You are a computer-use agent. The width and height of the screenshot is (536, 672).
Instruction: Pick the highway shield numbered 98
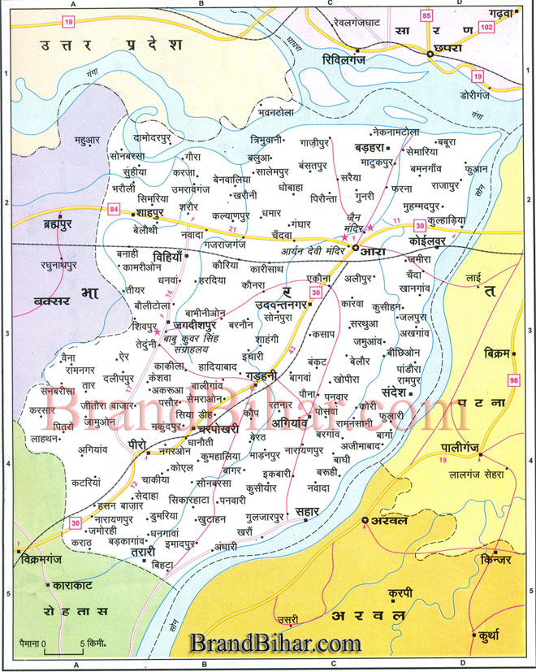click(x=512, y=381)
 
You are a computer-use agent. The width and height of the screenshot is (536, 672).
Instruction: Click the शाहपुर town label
click(x=151, y=213)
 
